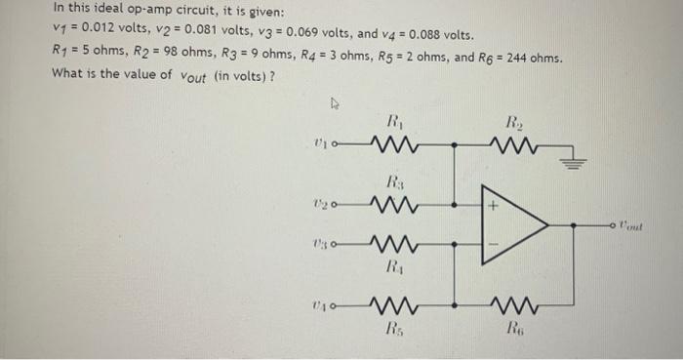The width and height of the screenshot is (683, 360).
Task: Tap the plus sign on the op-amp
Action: (494, 207)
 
